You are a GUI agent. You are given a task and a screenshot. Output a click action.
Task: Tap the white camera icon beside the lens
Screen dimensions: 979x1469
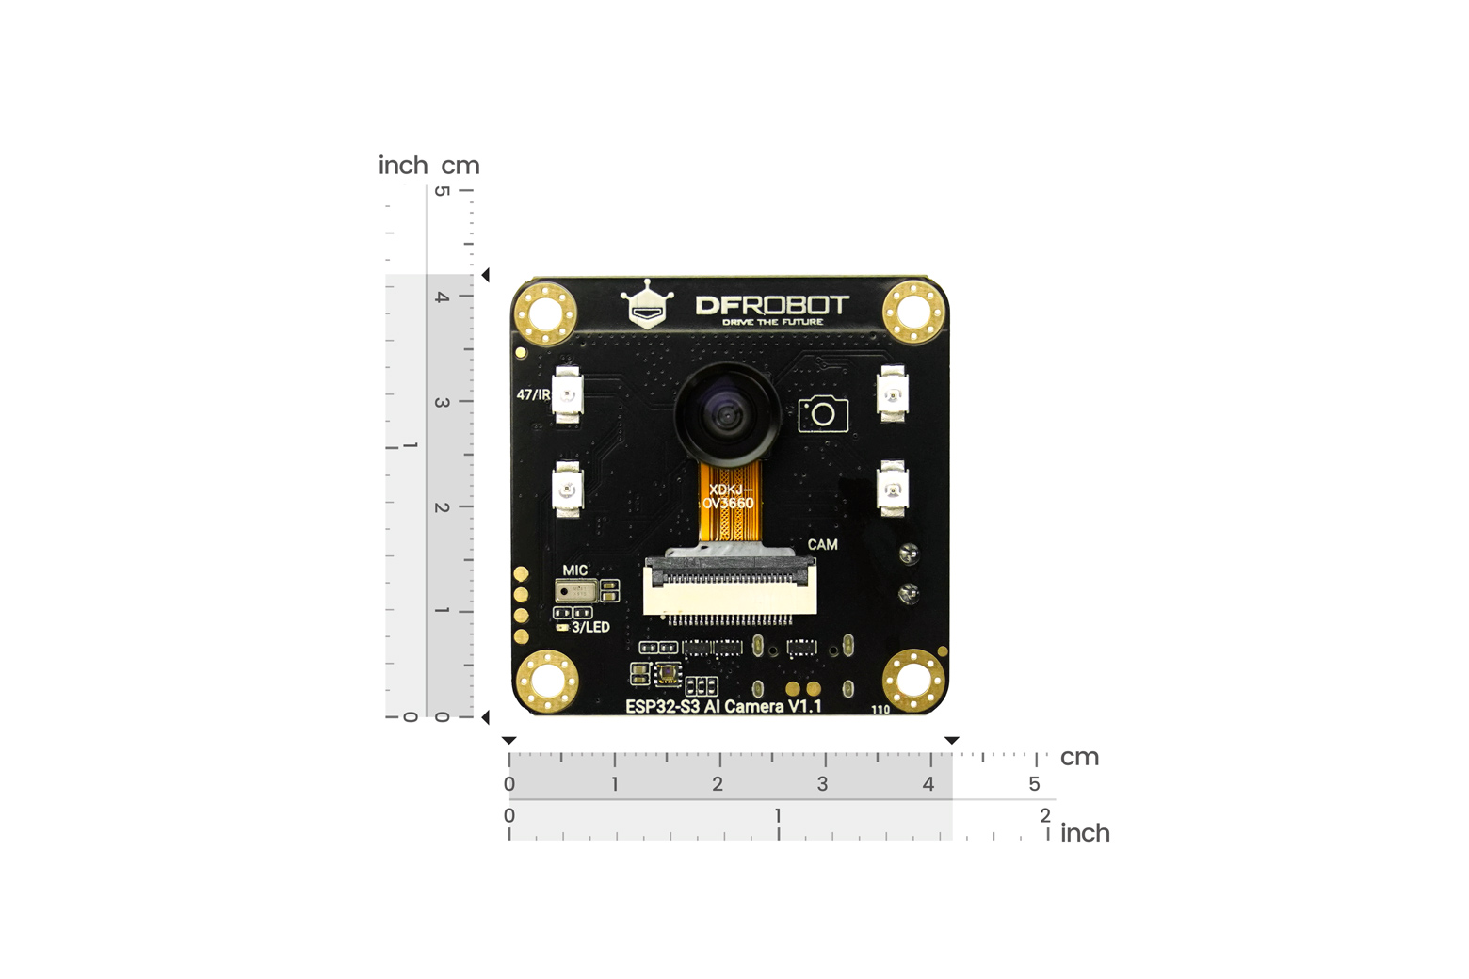point(823,413)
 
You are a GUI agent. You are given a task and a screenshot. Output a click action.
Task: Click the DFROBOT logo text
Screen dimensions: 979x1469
point(772,305)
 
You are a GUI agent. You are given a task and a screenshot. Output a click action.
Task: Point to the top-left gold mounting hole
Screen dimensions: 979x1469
point(545,312)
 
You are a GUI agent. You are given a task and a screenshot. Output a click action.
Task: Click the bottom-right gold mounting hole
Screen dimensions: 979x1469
point(913,680)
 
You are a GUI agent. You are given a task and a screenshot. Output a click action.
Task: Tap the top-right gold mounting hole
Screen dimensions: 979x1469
point(913,312)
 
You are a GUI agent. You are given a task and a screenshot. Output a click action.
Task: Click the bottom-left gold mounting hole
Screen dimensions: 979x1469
point(546,680)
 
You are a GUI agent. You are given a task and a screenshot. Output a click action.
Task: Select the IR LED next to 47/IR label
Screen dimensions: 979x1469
point(567,394)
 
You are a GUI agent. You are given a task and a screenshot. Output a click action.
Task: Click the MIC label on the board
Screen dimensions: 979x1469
point(574,570)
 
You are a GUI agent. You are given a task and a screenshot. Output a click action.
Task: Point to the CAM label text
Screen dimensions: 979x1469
point(822,544)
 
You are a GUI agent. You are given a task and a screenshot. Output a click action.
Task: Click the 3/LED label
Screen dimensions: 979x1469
point(590,627)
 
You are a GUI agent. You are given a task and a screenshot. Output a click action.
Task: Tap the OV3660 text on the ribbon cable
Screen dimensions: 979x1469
point(728,503)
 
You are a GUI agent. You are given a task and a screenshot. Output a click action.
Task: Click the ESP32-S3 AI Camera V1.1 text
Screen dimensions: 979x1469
point(723,706)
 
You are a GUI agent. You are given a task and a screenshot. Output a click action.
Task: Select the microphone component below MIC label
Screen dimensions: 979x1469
point(574,591)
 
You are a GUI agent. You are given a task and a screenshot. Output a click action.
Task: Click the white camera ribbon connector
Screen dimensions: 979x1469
point(730,588)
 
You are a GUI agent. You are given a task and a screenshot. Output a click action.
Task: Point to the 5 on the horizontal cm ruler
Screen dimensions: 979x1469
point(1034,784)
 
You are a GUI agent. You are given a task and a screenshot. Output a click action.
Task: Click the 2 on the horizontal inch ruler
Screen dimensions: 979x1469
point(1044,815)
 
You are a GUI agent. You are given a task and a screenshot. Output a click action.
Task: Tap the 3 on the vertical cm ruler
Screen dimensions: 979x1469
point(441,402)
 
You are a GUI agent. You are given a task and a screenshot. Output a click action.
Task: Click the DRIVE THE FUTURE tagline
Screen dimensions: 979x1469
point(772,322)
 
